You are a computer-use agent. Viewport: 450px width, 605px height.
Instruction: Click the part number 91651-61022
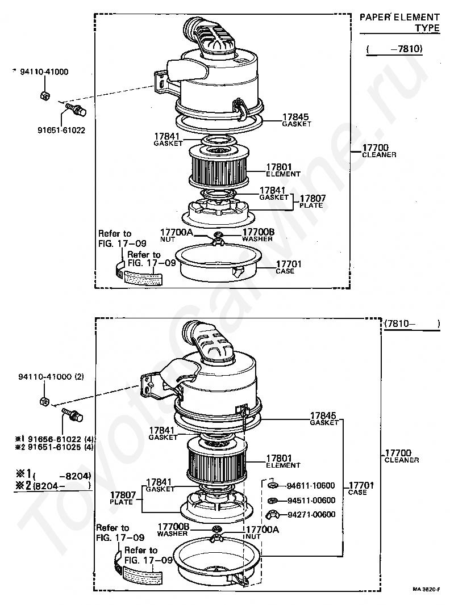click(61, 131)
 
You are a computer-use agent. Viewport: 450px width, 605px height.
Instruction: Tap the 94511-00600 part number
click(311, 501)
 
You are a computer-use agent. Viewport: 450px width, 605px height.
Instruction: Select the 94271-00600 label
click(311, 514)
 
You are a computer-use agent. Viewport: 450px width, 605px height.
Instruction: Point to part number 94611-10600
click(311, 486)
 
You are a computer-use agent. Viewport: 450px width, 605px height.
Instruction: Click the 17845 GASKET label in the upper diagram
click(296, 120)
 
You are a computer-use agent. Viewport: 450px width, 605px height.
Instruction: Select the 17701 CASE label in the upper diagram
click(289, 267)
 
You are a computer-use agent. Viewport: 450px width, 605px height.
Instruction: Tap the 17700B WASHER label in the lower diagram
click(173, 530)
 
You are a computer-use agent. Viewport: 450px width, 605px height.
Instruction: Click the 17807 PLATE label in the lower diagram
click(123, 498)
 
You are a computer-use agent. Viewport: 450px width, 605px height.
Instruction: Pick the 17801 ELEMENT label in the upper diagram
click(283, 170)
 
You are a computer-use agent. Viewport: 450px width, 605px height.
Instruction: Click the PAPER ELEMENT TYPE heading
click(399, 22)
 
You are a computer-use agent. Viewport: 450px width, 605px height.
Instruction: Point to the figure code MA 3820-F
click(426, 589)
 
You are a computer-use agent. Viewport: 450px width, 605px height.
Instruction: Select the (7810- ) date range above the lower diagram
click(412, 323)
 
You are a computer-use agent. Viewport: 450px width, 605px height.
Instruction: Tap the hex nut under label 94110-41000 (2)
click(45, 401)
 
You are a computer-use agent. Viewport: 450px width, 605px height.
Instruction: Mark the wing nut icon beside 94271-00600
click(273, 515)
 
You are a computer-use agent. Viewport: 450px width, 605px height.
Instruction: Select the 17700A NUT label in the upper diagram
click(176, 235)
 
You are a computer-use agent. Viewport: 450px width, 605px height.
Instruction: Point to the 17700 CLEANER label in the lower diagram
click(401, 456)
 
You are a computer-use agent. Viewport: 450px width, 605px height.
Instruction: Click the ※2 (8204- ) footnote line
click(52, 485)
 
